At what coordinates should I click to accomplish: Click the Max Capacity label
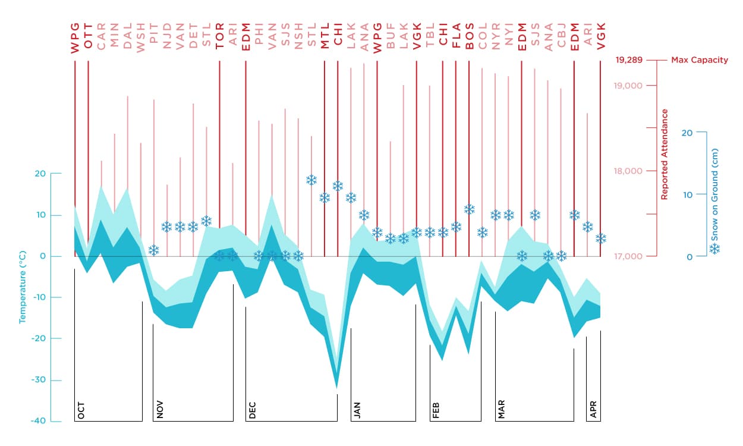(699, 60)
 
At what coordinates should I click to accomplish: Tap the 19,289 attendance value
(628, 60)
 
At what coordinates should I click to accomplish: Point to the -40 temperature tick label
(38, 421)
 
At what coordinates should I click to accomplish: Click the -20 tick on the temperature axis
(38, 339)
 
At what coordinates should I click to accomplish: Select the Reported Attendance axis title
(665, 154)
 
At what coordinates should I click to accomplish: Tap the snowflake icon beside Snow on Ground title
(716, 249)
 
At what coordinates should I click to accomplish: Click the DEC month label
(252, 410)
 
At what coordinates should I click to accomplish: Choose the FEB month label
(436, 410)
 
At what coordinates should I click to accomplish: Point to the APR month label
(593, 410)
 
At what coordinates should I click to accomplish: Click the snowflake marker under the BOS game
(470, 209)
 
